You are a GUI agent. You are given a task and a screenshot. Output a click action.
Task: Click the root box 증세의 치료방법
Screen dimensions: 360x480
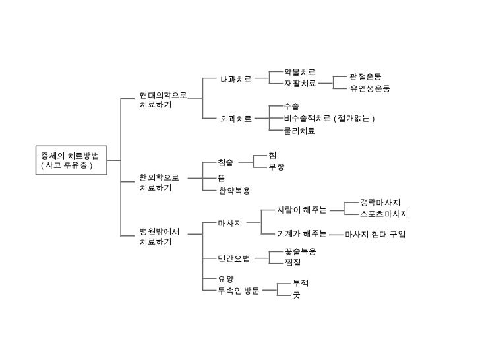tap(69, 160)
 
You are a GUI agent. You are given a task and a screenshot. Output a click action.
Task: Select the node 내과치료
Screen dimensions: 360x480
tap(236, 80)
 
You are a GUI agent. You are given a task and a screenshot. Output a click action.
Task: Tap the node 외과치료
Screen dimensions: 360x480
tap(236, 119)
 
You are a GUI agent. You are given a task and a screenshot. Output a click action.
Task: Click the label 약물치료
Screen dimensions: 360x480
tap(299, 72)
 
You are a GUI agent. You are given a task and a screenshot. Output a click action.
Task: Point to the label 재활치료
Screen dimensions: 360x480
tap(299, 84)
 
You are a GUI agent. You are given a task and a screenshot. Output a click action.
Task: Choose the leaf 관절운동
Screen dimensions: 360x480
tap(365, 77)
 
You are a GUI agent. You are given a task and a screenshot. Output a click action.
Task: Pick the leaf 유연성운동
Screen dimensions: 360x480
tap(370, 89)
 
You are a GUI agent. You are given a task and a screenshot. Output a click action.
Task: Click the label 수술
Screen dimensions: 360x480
tap(291, 106)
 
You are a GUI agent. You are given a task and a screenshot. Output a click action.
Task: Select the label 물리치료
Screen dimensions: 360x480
tap(299, 131)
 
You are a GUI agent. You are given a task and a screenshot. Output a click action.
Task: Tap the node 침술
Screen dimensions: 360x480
tap(225, 162)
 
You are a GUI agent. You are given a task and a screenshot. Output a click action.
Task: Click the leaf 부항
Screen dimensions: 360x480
tap(276, 167)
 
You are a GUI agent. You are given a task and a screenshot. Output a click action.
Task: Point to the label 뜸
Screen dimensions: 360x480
tap(222, 178)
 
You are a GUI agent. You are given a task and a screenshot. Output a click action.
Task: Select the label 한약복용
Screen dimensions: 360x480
tap(235, 191)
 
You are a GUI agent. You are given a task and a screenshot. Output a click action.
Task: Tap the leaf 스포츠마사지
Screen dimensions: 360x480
tap(384, 214)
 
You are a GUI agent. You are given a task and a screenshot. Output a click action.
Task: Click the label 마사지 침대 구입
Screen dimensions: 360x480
tap(375, 234)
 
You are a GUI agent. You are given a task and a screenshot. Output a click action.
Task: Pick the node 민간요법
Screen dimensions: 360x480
tap(234, 257)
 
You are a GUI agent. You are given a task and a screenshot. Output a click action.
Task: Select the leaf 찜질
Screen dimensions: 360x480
tap(293, 263)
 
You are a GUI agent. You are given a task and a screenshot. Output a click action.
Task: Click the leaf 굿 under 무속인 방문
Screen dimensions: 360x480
tap(297, 295)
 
